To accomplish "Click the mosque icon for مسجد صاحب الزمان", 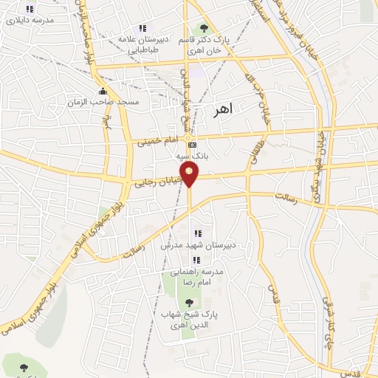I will point(102,91).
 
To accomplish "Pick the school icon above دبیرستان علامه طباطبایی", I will point(142,28).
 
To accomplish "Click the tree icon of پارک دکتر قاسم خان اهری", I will point(205,28).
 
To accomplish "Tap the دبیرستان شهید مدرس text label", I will point(191,245).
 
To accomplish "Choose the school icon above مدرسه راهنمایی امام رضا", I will point(196,260).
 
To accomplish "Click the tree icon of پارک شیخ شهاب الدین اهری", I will point(190,302).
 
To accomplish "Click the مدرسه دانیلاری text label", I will point(30,21).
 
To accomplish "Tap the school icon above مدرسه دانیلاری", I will point(30,10).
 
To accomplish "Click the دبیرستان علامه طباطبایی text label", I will point(149,44).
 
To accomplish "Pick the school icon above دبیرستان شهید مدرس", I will point(198,233).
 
